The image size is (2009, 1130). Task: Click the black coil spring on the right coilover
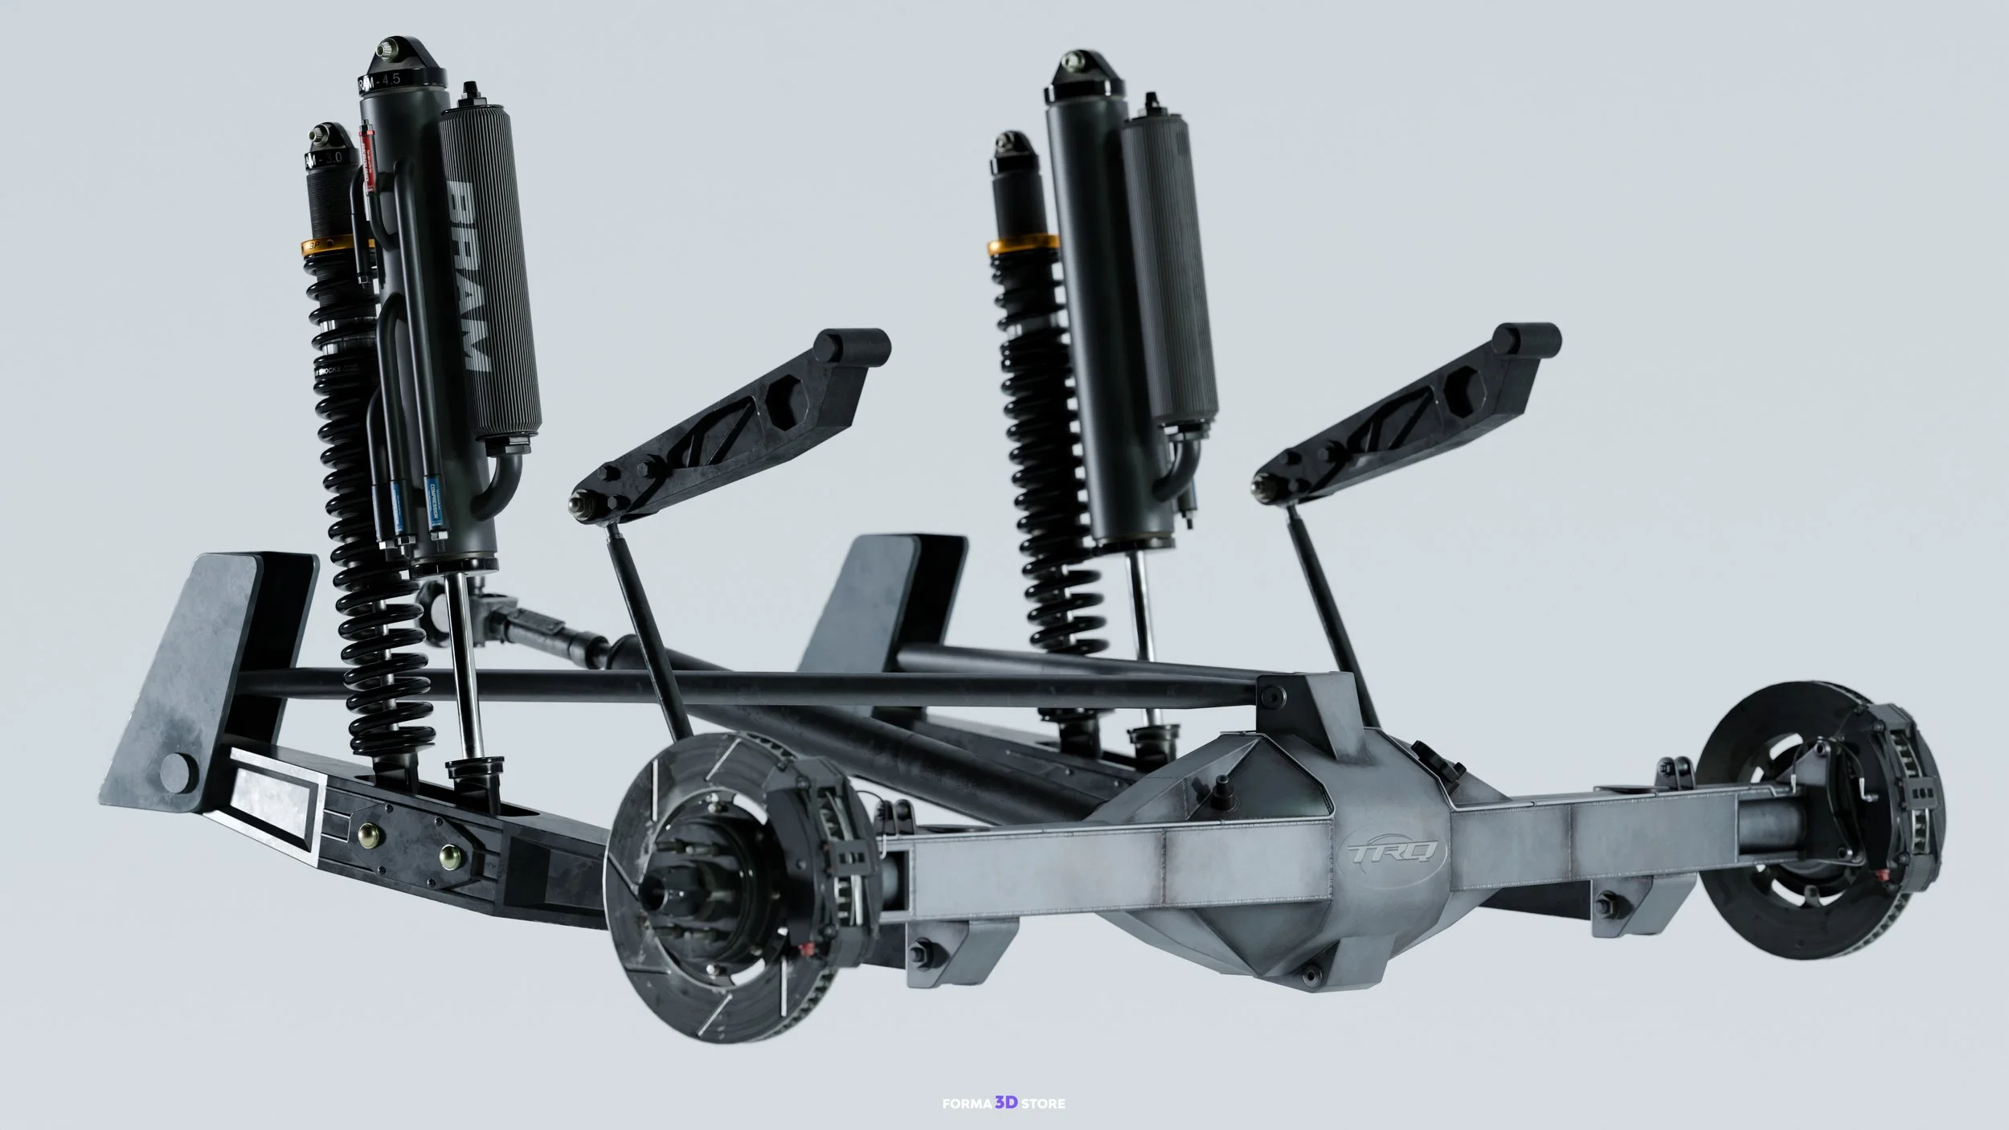[1045, 482]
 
